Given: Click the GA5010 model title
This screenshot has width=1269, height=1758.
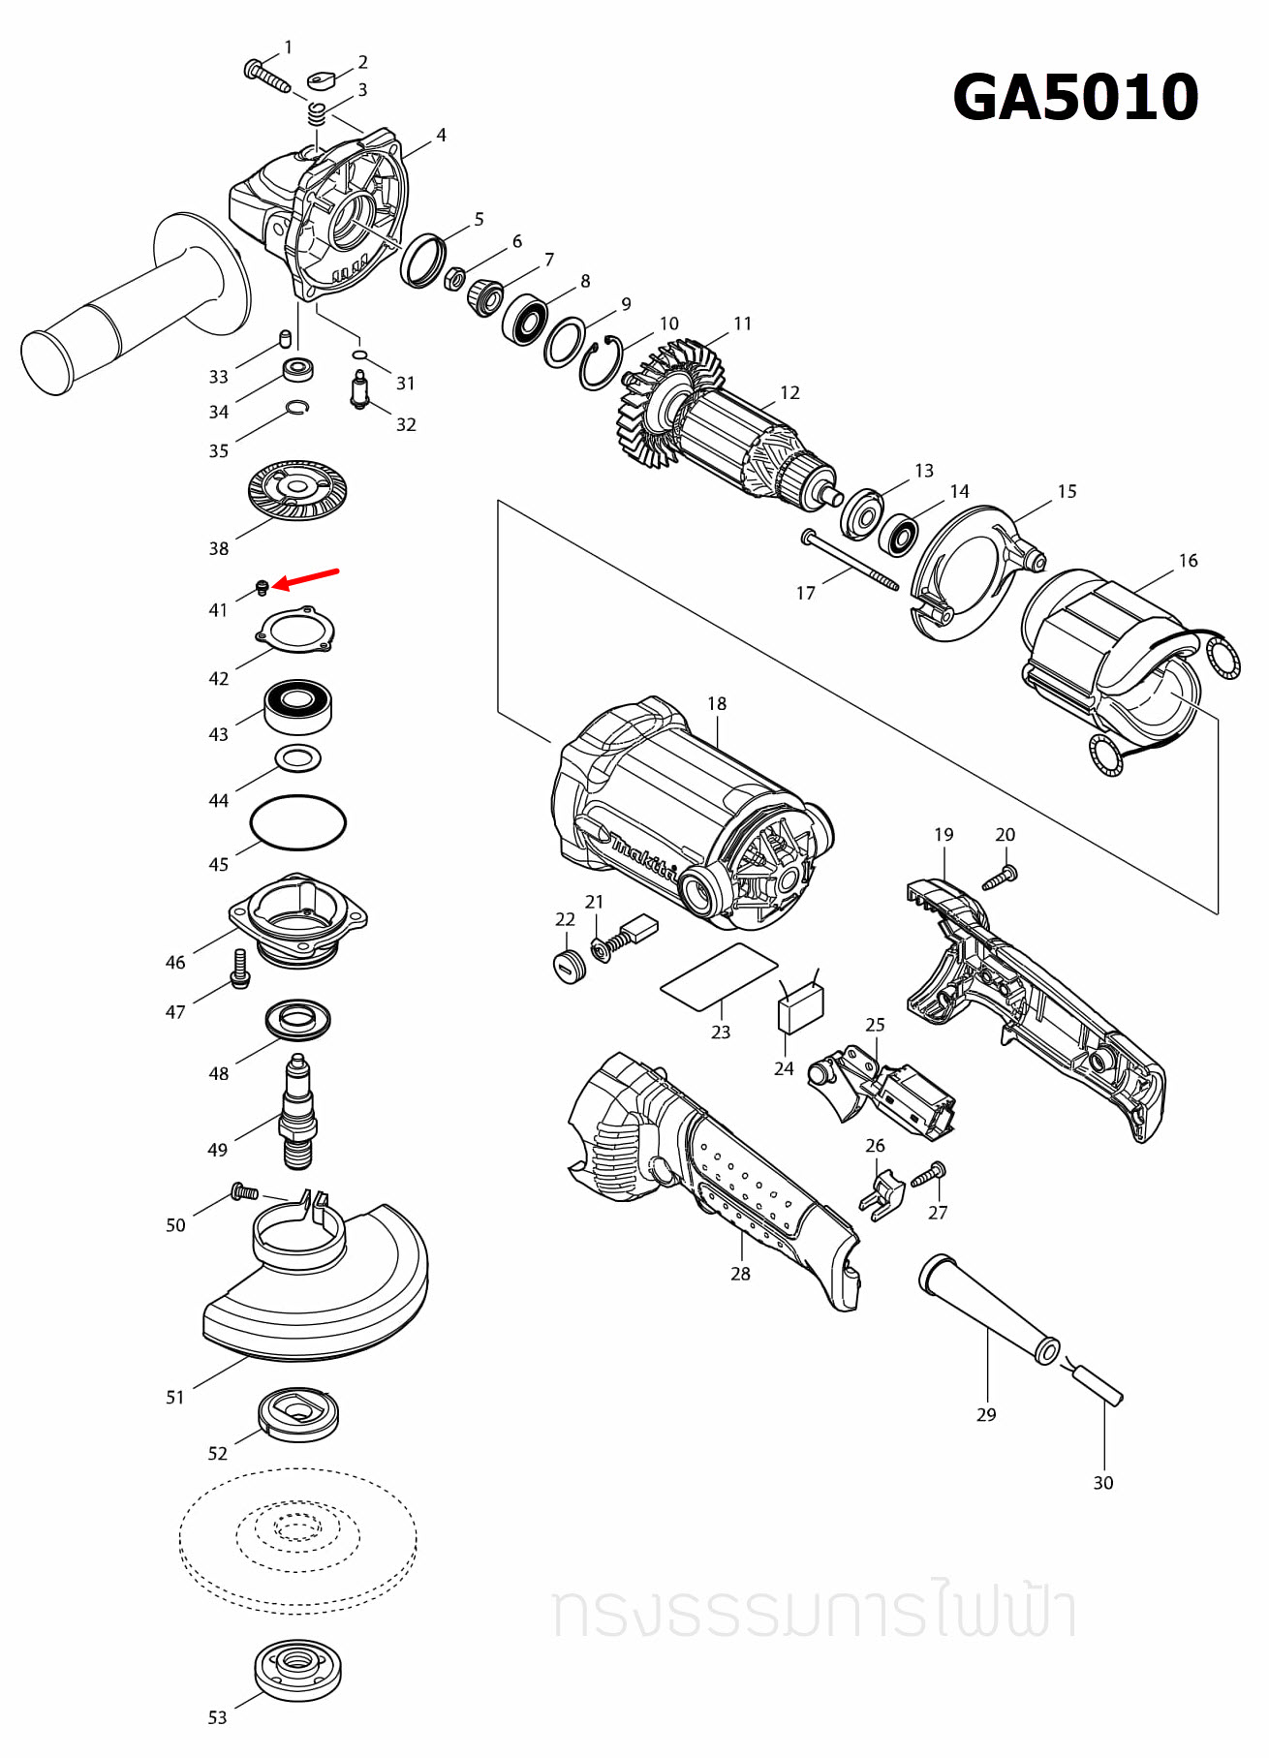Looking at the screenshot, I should [x=1075, y=98].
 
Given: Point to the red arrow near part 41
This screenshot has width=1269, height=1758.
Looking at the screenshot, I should [x=306, y=578].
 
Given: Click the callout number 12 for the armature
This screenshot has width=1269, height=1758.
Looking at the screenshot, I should [x=789, y=392].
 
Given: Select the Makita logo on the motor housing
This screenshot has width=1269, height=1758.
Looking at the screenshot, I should [x=641, y=856].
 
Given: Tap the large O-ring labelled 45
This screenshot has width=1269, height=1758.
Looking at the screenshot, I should [x=297, y=822].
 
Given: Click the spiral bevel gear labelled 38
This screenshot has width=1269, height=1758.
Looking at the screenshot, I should [x=297, y=489].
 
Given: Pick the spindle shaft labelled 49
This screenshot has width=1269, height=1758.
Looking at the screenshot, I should [x=297, y=1114].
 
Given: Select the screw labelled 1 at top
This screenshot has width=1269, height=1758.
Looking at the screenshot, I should [x=266, y=75].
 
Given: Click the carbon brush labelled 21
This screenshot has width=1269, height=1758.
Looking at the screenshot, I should [x=638, y=929].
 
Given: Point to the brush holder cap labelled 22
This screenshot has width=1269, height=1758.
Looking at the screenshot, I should [x=570, y=966].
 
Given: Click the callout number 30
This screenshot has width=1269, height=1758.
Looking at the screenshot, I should [x=1102, y=1482].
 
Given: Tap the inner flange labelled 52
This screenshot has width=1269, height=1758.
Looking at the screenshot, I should [x=298, y=1414].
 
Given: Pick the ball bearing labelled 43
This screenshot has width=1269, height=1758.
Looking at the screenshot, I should [x=298, y=706].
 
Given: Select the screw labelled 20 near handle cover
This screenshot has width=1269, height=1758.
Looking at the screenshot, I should [x=1000, y=878].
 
